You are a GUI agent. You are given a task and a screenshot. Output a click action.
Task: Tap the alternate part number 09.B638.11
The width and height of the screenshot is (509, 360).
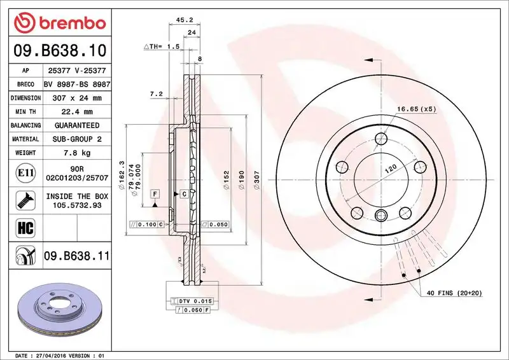point(78,256)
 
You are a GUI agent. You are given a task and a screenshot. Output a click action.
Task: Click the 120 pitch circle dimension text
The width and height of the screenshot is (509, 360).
point(390,167)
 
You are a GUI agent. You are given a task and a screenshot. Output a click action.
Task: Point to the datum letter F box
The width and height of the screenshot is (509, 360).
point(155,193)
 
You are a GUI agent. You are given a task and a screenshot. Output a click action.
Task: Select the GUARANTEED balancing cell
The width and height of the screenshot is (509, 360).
point(78,125)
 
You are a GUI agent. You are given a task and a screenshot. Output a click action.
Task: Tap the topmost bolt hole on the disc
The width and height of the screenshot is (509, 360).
point(382,140)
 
